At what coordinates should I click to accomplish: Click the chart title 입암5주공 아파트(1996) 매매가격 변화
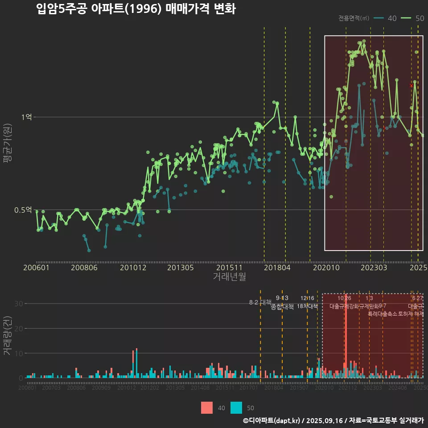tap(136, 9)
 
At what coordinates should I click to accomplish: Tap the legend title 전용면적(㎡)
tap(354, 18)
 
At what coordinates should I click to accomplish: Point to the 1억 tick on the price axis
tap(26, 117)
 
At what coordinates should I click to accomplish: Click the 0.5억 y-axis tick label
tap(23, 210)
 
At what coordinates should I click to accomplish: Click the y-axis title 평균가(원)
tap(8, 145)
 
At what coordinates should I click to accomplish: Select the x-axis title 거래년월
tap(229, 276)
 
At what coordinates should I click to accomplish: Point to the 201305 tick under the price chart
tap(180, 267)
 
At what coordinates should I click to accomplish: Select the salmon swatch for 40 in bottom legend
tap(207, 407)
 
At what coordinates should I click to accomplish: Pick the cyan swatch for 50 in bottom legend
tap(236, 407)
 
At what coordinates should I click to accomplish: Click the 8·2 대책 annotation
tap(260, 302)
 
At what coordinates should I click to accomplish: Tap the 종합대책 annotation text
tap(282, 307)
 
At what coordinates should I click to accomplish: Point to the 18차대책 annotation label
tap(307, 306)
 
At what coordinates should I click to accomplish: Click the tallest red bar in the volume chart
tap(346, 339)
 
